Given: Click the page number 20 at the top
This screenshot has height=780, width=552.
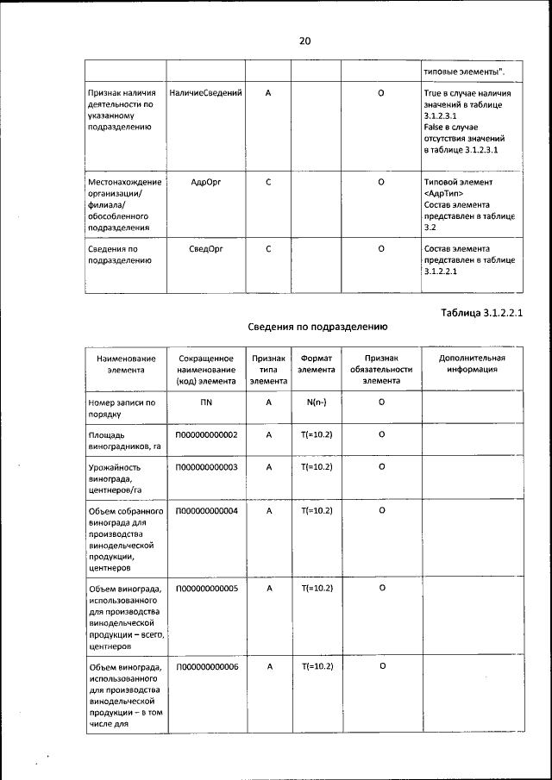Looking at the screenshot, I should [x=304, y=41].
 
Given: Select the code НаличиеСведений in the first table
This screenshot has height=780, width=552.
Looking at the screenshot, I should [x=206, y=92].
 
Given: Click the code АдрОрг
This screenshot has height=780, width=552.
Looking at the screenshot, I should [x=206, y=183].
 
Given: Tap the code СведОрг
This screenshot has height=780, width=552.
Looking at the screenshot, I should [x=206, y=249].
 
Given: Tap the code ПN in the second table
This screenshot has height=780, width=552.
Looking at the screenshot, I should [x=206, y=402].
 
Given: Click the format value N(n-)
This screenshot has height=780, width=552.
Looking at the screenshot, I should [x=317, y=402].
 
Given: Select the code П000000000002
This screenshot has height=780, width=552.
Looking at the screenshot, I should [x=206, y=435].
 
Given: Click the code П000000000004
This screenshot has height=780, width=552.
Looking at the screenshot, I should [x=206, y=510].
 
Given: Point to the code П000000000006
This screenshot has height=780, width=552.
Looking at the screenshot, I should [x=206, y=667].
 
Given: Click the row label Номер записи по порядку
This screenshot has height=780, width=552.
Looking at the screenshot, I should [x=122, y=408].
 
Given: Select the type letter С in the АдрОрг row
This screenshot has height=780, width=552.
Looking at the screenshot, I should [x=269, y=183].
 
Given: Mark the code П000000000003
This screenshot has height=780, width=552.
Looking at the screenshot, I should [x=206, y=467].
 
